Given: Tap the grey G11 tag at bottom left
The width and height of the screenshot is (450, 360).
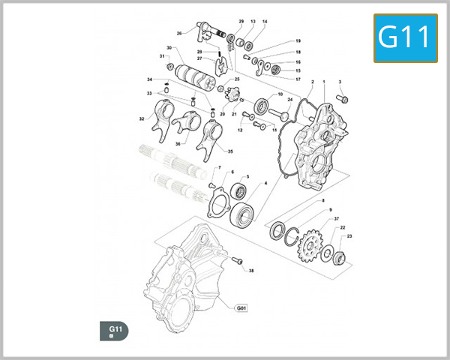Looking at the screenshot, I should pyautogui.click(x=115, y=330).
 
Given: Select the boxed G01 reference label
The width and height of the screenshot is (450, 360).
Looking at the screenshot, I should pyautogui.click(x=241, y=308).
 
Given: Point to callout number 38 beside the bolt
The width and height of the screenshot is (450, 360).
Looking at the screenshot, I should pyautogui.click(x=251, y=271).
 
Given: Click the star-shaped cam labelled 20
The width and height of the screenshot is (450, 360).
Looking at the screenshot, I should pyautogui.click(x=232, y=95).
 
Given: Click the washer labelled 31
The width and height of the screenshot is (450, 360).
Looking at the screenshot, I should pyautogui.click(x=170, y=67).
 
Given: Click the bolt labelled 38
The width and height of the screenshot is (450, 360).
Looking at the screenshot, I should pyautogui.click(x=238, y=261).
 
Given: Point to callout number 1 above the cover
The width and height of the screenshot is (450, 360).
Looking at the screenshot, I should pyautogui.click(x=324, y=81).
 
